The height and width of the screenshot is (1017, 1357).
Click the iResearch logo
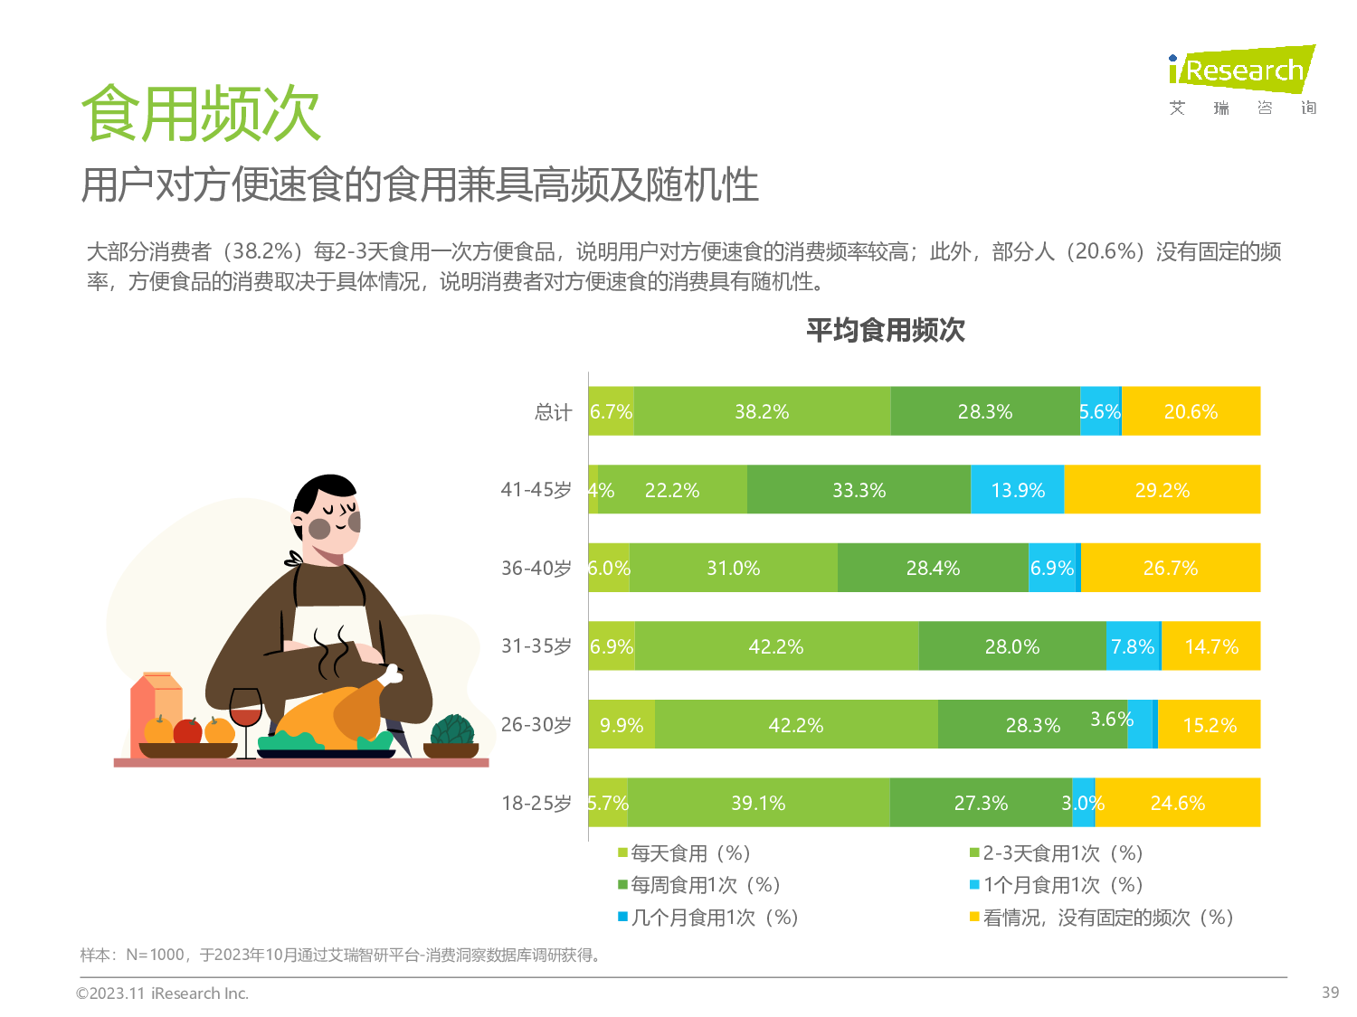[x=1241, y=71]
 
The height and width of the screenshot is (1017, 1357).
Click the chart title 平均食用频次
[x=885, y=330]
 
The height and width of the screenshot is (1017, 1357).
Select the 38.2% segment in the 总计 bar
[x=762, y=411]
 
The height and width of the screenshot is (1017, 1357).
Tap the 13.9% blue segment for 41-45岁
[x=1018, y=490]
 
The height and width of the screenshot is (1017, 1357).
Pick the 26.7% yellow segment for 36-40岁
[x=1171, y=568]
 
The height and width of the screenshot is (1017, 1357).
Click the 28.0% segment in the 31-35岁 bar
[x=1012, y=646]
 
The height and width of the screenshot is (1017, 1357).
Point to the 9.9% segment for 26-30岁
[x=622, y=725]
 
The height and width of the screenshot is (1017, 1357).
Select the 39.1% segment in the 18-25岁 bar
[x=758, y=803]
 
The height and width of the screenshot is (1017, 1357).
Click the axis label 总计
[x=553, y=412]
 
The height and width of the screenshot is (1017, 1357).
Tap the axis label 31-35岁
[x=536, y=646]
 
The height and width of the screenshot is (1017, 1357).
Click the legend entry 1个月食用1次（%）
[x=1062, y=885]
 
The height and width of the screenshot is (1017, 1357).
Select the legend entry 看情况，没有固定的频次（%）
[x=1107, y=918]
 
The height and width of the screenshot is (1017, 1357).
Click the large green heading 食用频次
[x=201, y=115]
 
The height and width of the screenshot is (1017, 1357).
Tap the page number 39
[x=1330, y=993]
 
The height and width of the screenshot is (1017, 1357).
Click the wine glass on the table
[x=245, y=713]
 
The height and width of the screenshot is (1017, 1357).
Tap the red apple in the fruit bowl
[x=187, y=730]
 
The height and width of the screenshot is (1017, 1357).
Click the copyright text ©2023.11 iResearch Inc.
[x=162, y=993]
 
